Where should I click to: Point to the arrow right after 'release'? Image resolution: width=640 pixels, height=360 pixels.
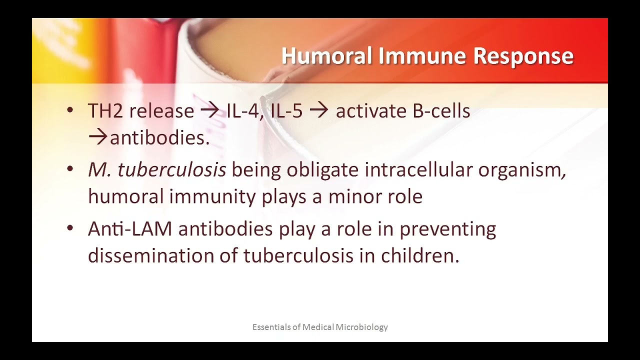coord(210,111)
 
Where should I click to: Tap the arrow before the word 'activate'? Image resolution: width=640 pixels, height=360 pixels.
coord(319,111)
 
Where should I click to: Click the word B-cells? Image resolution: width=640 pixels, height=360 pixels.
coord(441,111)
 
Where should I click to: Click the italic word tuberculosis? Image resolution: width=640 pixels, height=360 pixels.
coord(171,170)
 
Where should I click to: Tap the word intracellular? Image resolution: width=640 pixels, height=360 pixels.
coord(418,170)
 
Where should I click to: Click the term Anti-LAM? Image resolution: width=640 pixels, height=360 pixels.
coord(130,229)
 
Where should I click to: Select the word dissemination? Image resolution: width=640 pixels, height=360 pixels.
coord(150,255)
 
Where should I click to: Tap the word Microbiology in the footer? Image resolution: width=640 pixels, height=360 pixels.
coord(361,327)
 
